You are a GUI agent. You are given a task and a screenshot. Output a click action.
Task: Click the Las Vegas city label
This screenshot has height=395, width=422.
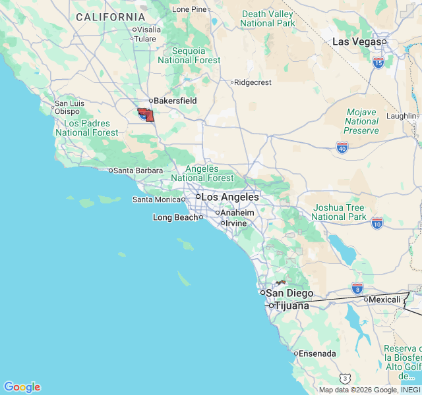356,41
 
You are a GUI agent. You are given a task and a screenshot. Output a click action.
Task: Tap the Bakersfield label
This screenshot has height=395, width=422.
175,101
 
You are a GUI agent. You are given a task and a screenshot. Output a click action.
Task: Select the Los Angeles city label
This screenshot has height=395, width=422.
229,197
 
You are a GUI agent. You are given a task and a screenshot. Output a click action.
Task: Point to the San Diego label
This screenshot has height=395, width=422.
289,293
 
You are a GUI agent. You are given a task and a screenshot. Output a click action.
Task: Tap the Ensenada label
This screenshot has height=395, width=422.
317,354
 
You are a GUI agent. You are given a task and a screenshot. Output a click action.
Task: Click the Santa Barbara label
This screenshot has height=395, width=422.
138,171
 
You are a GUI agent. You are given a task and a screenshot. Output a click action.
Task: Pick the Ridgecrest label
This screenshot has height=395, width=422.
253,82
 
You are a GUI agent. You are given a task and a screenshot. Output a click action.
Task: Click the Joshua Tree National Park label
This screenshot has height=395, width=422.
338,212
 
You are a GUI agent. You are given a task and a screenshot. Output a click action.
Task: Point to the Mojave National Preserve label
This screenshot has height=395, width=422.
361,121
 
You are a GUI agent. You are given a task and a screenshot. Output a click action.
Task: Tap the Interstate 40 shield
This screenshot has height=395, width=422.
342,147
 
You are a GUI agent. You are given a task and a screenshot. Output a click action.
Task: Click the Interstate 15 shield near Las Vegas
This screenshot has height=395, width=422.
378,63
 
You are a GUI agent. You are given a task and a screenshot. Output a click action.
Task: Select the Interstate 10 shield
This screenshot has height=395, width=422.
377,223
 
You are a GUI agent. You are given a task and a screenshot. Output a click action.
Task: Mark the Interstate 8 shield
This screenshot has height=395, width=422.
357,288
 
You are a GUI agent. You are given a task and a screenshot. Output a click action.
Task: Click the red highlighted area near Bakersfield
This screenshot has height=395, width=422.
146,115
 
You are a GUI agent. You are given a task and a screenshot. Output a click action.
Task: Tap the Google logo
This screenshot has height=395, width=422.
22,387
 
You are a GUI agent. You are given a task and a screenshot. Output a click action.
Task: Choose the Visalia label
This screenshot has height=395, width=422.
149,29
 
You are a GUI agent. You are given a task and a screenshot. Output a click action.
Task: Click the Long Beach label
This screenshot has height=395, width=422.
175,217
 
